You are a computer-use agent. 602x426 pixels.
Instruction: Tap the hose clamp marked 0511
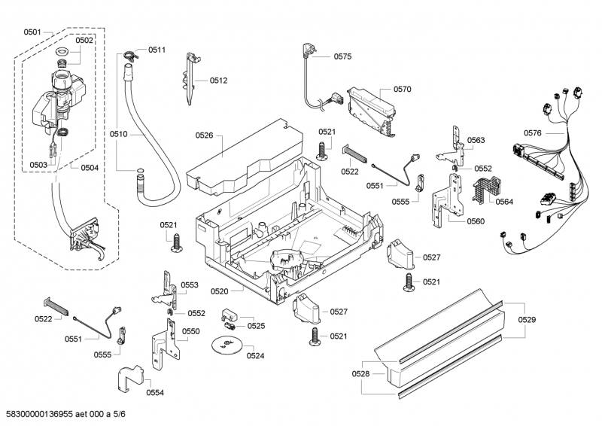tap(130, 53)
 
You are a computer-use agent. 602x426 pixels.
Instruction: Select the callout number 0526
tap(204, 135)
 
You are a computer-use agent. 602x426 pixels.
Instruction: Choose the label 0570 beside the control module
tap(402, 89)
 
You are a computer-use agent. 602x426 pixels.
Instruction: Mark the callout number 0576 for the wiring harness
tap(532, 133)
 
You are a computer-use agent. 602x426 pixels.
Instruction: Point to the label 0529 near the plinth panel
tap(527, 321)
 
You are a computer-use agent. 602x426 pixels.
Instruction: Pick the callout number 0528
tap(360, 373)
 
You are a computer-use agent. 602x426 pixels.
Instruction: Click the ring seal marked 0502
tap(63, 51)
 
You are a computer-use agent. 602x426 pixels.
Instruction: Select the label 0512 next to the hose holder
tap(218, 80)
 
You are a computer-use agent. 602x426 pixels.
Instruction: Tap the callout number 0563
tap(476, 140)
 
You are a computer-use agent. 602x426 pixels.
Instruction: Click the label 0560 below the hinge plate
tap(476, 221)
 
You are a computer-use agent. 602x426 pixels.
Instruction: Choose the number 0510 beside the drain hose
tap(118, 134)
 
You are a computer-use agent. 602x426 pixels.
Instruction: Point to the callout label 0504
tap(90, 167)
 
